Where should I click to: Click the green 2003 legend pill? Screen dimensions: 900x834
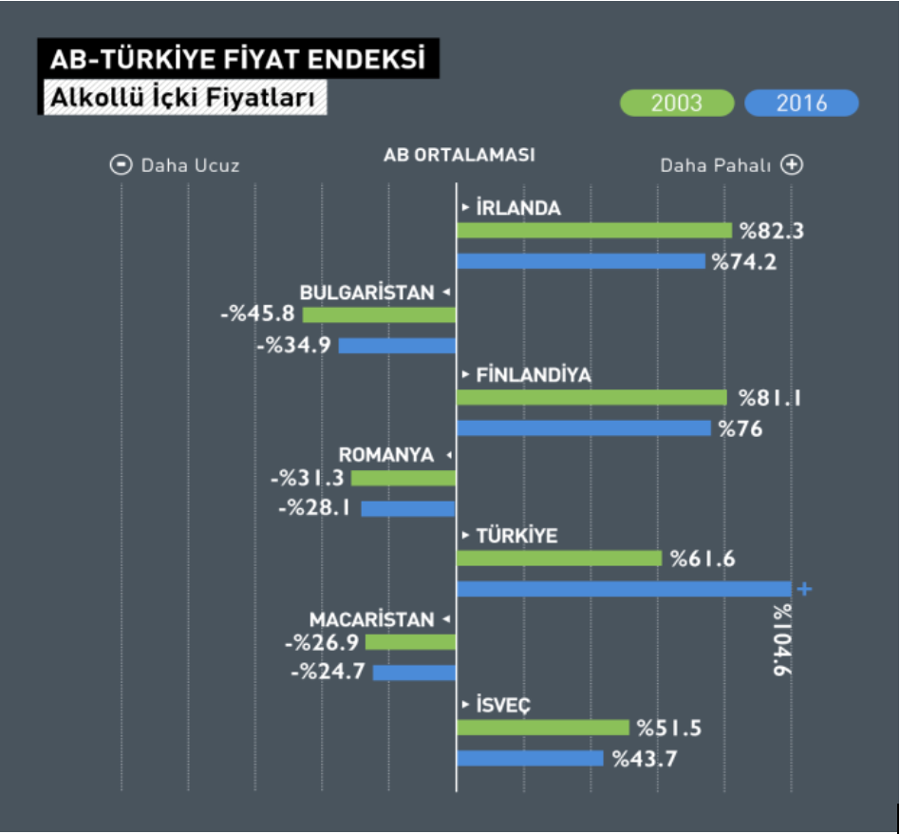[677, 104]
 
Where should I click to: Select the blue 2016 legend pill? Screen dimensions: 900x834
[801, 104]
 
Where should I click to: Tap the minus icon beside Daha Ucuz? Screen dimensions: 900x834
[122, 165]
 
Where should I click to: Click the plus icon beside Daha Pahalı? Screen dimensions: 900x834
[792, 165]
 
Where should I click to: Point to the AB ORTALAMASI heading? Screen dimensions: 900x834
[459, 155]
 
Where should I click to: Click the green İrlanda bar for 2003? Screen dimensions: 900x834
[594, 230]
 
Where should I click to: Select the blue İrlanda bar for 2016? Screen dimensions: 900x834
[581, 261]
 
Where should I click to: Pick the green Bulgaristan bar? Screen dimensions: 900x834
[380, 314]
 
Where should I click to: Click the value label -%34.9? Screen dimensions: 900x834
[293, 345]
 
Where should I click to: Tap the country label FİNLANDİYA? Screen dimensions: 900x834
[534, 375]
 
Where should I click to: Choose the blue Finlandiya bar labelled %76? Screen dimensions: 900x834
[584, 427]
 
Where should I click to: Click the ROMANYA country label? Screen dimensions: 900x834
[385, 455]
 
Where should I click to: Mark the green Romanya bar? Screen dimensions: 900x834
[403, 478]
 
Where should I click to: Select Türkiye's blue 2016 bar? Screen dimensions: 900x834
[624, 589]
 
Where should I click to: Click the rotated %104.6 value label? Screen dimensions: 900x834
[782, 640]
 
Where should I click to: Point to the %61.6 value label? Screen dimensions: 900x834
[703, 559]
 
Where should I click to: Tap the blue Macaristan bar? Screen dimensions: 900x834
[415, 673]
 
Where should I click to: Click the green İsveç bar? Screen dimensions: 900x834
[543, 728]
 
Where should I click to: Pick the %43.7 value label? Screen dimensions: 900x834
[645, 759]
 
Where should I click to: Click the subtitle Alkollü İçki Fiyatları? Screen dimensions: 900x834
[182, 98]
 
